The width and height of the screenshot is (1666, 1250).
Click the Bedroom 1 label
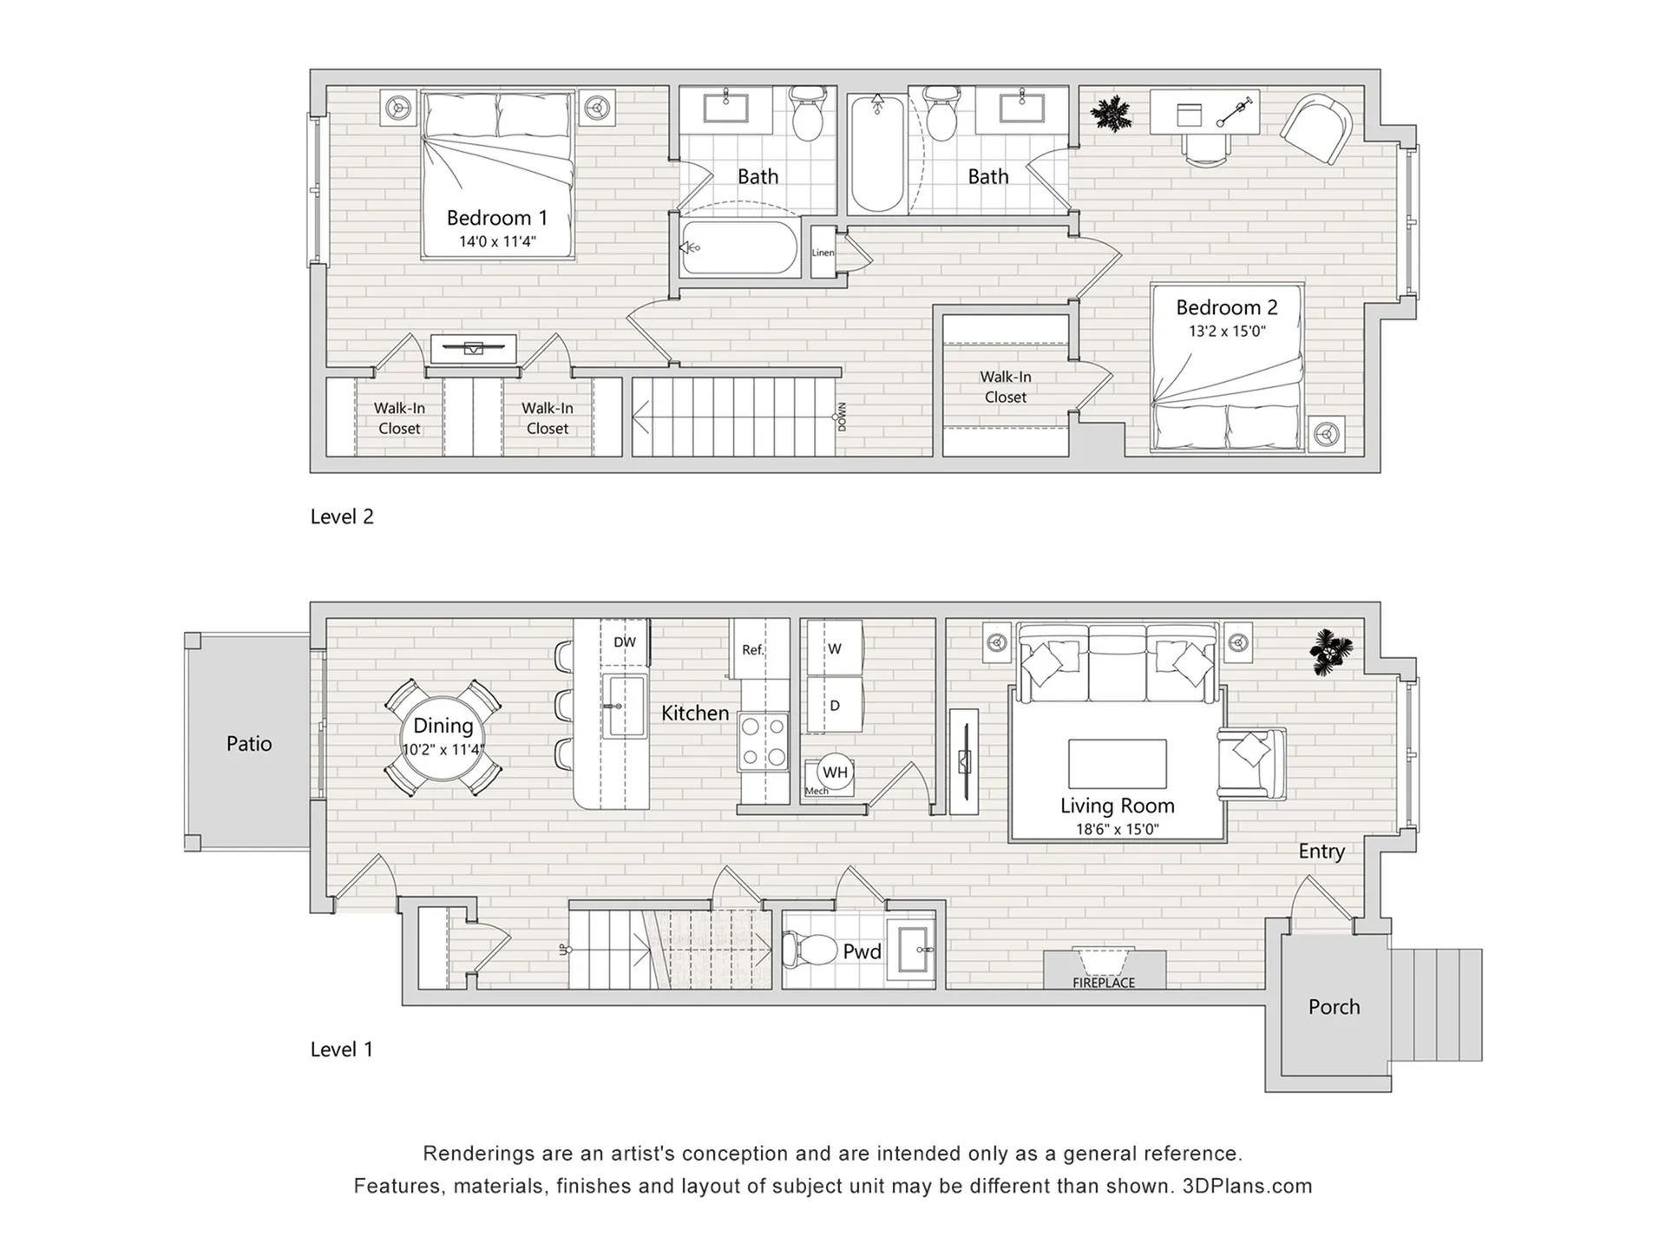pos(497,218)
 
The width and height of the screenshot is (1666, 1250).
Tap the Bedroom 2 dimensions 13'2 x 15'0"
pos(1227,331)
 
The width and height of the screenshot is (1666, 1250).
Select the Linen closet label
pos(823,253)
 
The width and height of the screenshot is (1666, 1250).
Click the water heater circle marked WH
pos(835,772)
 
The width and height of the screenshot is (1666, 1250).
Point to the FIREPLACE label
pos(1104,983)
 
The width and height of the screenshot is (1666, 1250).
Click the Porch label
pos(1334,1007)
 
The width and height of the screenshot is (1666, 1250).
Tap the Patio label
pos(249,744)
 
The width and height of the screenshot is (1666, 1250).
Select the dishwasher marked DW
pos(625,642)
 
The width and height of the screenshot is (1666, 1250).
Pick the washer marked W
pos(835,648)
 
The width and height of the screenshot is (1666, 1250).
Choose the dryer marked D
pos(835,705)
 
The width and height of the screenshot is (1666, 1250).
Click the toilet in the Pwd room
pos(801,950)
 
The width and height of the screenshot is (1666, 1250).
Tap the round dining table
pos(443,738)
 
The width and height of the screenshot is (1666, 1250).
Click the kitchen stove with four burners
pos(763,741)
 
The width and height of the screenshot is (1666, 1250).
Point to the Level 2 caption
pos(342,516)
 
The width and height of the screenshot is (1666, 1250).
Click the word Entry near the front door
pos(1322,852)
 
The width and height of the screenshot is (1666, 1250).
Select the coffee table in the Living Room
pos(1118,763)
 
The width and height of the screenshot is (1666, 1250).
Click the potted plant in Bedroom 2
pos(1111,114)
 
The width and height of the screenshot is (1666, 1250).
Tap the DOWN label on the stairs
pos(842,417)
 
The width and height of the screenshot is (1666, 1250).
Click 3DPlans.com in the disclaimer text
pos(1247,1187)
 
